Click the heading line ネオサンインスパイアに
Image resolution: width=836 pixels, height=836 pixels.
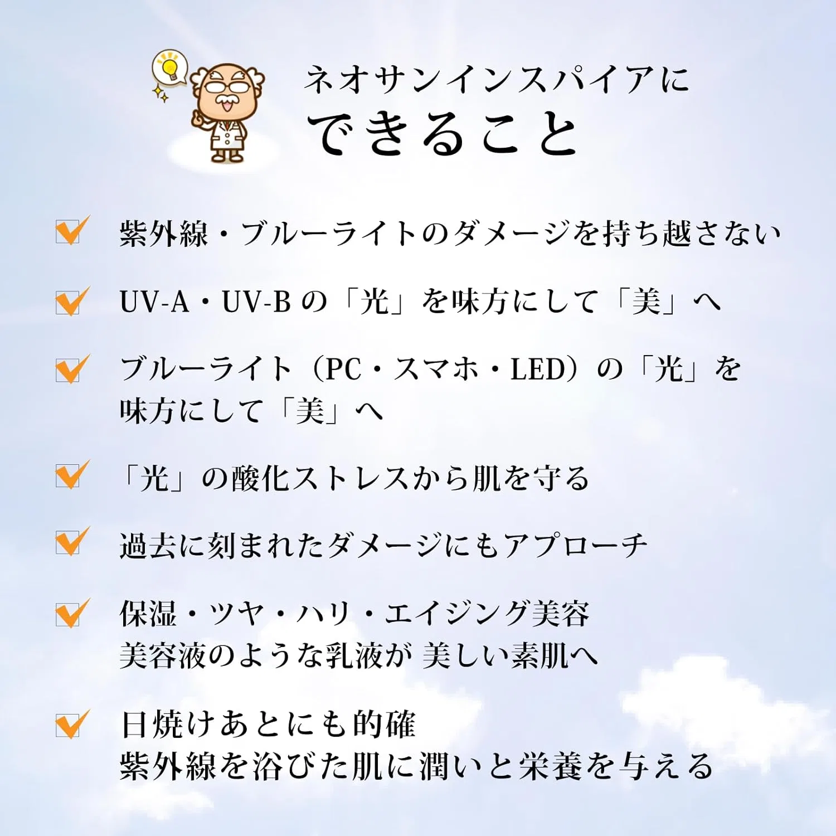[x=496, y=79]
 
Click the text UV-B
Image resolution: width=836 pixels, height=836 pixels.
[x=257, y=302]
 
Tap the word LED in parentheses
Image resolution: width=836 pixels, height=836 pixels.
[x=538, y=370]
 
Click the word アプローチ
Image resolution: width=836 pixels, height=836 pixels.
[x=575, y=546]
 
